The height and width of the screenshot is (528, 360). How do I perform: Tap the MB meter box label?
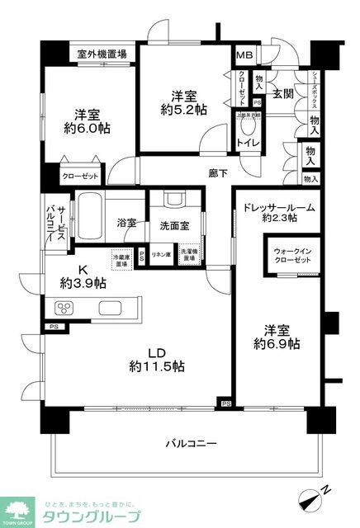(x=245, y=56)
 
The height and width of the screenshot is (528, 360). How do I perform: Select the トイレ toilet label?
(x=246, y=142)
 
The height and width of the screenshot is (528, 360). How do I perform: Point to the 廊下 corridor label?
(x=218, y=174)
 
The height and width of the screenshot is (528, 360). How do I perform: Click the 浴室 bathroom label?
(x=126, y=223)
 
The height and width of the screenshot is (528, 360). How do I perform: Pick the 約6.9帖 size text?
(x=277, y=342)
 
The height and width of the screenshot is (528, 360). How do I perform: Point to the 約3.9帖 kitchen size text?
(x=83, y=283)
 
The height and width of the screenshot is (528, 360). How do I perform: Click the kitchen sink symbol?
(x=110, y=309)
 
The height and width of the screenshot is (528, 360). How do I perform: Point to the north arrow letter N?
(x=327, y=490)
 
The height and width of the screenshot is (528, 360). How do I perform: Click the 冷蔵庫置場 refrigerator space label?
(x=123, y=258)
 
